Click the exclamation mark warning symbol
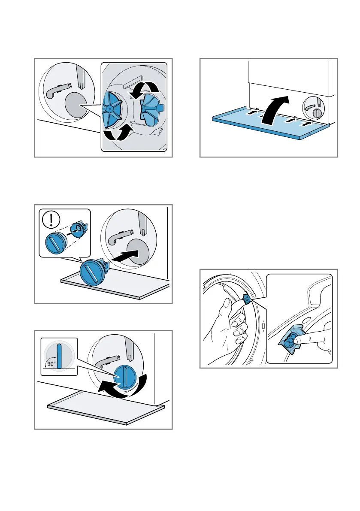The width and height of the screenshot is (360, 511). tap(51, 219)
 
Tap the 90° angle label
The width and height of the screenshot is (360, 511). tap(51, 364)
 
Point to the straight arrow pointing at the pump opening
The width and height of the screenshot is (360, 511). tap(125, 255)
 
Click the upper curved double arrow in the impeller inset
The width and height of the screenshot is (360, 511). tap(144, 88)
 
